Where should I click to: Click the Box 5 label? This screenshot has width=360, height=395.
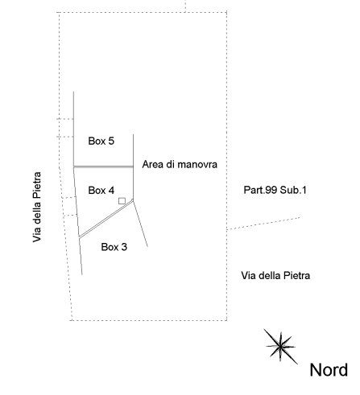(101, 141)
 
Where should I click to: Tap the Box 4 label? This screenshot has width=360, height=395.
(101, 191)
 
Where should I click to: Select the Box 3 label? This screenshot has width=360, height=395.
(114, 247)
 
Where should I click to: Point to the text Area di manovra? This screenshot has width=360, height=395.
(180, 164)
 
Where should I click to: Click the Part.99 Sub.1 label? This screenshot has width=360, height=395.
(275, 190)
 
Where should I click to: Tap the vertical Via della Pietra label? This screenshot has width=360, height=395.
(37, 207)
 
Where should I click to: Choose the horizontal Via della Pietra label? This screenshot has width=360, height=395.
(275, 276)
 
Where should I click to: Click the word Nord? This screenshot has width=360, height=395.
(329, 370)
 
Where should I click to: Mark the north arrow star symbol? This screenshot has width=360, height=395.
(280, 347)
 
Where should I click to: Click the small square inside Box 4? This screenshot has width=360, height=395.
(122, 201)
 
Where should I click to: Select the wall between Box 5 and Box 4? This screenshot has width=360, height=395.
(103, 167)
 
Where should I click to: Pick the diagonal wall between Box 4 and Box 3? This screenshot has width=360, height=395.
(106, 219)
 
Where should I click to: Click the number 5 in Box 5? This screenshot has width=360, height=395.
(111, 141)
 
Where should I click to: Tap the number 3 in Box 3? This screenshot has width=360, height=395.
(124, 247)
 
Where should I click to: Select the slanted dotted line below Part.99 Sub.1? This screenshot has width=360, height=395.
(263, 224)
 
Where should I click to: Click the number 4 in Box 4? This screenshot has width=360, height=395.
(111, 191)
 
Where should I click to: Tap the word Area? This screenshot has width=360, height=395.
(153, 164)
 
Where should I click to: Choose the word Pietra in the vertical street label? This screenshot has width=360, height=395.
(37, 185)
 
